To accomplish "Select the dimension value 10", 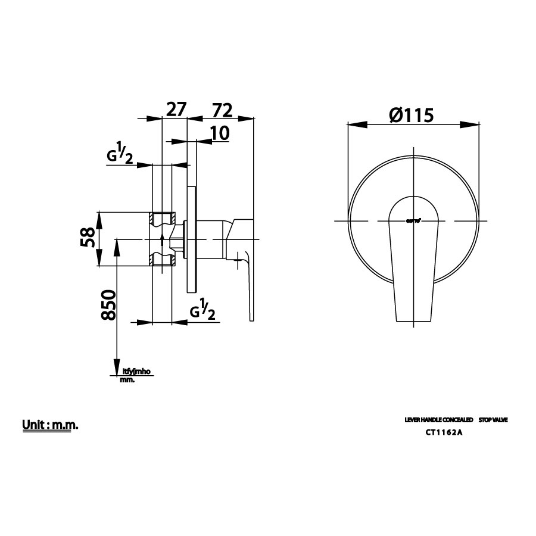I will pos(220,133).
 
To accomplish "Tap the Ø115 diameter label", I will pos(410,114).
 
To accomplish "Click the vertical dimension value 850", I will pos(108,306).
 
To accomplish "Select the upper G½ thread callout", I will pos(119,155).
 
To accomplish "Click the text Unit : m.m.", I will pos(51,425).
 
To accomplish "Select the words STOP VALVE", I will pos(493,420).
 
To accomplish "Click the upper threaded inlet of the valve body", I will pos(162,219).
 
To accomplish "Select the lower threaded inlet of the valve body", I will pos(162,259).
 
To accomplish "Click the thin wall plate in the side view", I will pos(191,238).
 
